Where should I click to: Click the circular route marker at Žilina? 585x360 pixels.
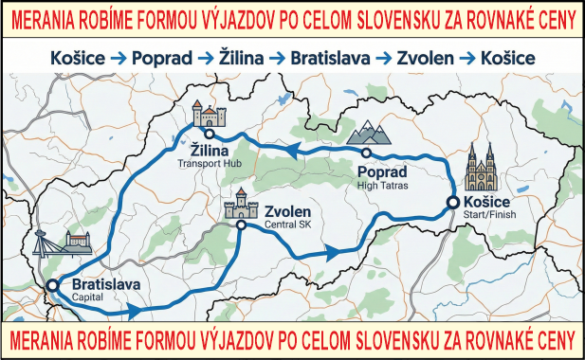tap(209, 135)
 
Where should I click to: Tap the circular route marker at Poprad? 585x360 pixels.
tap(365, 153)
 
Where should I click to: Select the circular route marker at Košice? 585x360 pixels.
tap(452, 202)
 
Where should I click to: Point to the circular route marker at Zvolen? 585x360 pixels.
tap(241, 225)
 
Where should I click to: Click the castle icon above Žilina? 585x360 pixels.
tap(209, 114)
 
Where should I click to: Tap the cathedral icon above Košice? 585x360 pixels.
tap(481, 168)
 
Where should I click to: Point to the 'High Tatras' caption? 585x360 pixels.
tap(383, 186)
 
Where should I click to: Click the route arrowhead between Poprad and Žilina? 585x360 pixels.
tap(294, 149)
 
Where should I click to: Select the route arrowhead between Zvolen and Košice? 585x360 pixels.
tap(332, 252)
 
